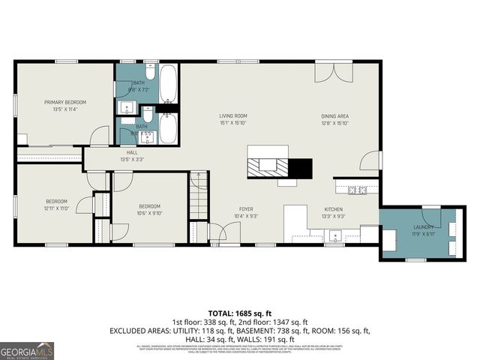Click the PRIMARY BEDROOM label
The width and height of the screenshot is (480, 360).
click(x=65, y=102)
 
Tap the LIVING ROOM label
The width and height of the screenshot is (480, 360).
click(x=232, y=115)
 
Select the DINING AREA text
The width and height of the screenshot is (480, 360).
click(x=336, y=115)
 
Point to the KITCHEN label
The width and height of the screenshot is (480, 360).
click(x=334, y=209)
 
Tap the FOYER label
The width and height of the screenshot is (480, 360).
click(x=247, y=209)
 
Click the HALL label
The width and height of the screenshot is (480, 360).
click(x=132, y=152)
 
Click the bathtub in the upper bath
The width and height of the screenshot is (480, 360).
click(x=169, y=84)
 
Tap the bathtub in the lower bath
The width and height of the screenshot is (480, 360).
click(x=169, y=129)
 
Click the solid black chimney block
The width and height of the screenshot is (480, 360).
click(x=301, y=169)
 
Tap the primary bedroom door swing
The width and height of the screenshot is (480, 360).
click(x=97, y=137)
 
